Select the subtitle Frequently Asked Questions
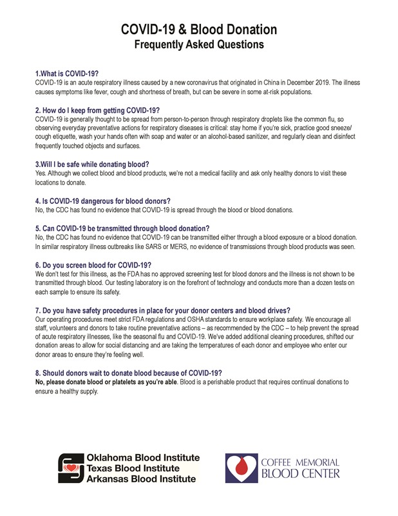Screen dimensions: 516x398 click(x=199, y=45)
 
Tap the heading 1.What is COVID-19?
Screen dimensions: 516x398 click(x=67, y=75)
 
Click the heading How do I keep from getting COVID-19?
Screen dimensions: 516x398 click(x=97, y=110)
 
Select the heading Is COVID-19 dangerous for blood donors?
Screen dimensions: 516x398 click(x=102, y=201)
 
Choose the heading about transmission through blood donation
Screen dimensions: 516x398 click(x=122, y=228)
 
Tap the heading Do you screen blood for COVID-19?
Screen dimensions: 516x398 click(x=93, y=264)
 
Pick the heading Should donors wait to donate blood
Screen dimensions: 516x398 click(x=128, y=373)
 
